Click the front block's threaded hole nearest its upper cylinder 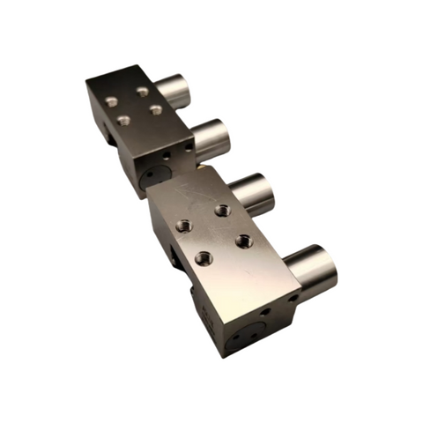[x=224, y=211]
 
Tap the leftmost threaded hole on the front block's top [x=184, y=226]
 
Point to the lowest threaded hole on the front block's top [x=204, y=258]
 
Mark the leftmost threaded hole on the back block [x=111, y=102]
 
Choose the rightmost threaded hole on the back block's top [x=156, y=110]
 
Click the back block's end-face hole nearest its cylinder [x=188, y=151]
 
